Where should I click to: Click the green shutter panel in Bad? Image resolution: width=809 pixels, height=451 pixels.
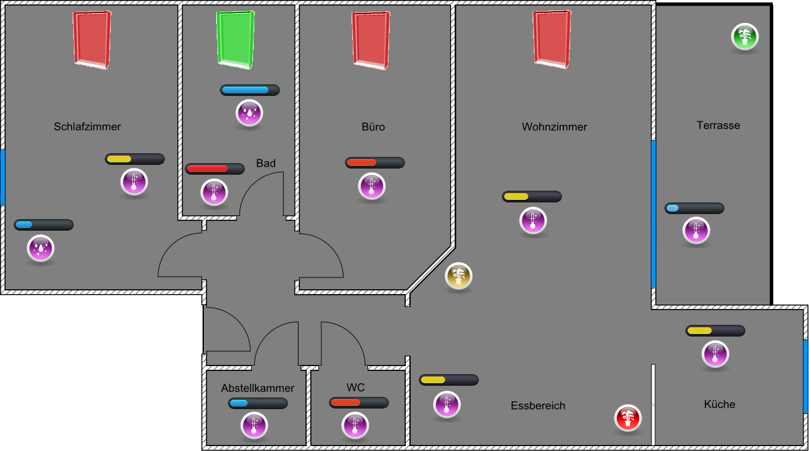point(235,39)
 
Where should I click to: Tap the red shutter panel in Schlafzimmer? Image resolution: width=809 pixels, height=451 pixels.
point(92,39)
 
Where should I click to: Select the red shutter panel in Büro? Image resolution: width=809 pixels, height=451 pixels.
point(371,39)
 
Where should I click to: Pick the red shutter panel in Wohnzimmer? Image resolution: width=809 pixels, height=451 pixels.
point(552,39)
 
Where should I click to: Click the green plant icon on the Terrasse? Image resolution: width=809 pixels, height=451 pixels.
point(744,36)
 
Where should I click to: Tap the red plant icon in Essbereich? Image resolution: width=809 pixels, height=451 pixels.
point(627,418)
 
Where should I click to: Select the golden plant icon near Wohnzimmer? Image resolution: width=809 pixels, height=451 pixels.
point(458,276)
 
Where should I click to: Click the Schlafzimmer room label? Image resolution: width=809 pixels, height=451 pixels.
point(87,127)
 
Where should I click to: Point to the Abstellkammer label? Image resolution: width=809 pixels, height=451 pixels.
point(257,388)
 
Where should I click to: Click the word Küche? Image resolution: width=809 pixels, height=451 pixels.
point(719,404)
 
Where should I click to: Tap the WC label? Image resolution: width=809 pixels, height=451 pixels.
point(355,388)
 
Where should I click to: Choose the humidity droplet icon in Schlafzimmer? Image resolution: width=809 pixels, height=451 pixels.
point(41,249)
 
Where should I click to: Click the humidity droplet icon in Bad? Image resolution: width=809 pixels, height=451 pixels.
point(249,113)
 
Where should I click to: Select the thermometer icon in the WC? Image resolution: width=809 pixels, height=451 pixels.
point(355,425)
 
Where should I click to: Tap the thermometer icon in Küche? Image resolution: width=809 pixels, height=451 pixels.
point(715,354)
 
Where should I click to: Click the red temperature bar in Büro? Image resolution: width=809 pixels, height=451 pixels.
point(374,163)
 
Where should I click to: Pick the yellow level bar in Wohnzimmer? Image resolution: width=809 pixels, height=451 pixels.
point(531,197)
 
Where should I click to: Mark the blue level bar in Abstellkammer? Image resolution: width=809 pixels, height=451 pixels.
point(257,404)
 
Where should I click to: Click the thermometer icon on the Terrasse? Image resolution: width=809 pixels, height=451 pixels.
point(696,231)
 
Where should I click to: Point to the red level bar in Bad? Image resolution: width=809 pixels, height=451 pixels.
point(215,169)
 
